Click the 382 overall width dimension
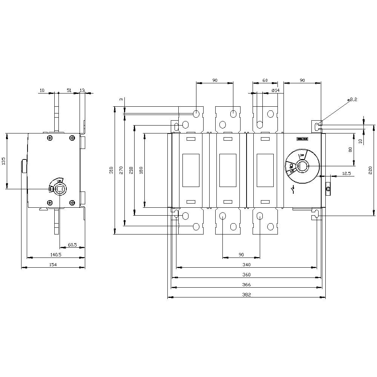click(x=247, y=294)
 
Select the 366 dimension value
click(x=247, y=285)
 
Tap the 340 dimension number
click(x=247, y=265)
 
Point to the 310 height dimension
click(x=111, y=170)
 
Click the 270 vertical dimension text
click(x=121, y=170)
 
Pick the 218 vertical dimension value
click(x=131, y=170)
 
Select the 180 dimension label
click(x=141, y=170)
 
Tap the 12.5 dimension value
click(x=346, y=173)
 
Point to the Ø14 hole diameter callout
click(x=275, y=90)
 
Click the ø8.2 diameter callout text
click(x=353, y=99)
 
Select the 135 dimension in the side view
click(x=3, y=161)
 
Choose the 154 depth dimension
click(x=53, y=265)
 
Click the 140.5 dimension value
click(x=55, y=255)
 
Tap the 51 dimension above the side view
click(x=69, y=90)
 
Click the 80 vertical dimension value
click(x=350, y=150)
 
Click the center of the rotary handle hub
click(x=302, y=166)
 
